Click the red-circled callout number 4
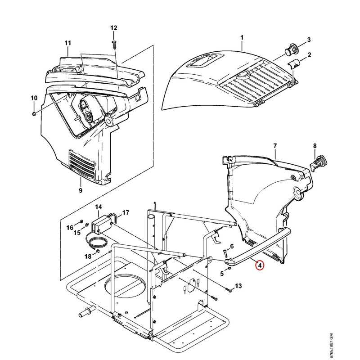point(260,265)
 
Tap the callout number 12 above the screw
point(114,28)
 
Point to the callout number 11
point(68,43)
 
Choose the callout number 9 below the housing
point(81,190)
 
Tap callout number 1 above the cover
point(242,37)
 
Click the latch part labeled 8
point(319,163)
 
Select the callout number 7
point(275,146)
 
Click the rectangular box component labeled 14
point(102,225)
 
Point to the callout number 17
point(126,213)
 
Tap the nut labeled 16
point(81,221)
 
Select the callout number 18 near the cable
point(88,256)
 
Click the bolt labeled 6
point(225,253)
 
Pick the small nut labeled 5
point(229,269)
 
